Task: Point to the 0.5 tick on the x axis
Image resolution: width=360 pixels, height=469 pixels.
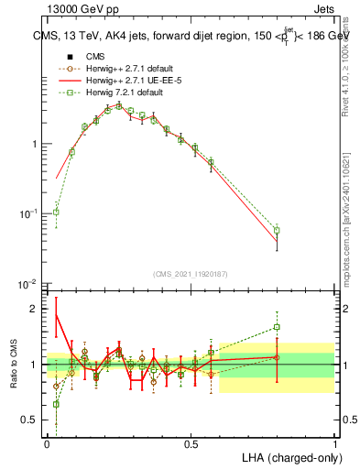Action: (191, 443)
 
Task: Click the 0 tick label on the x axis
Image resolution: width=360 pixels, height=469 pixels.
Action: (47, 443)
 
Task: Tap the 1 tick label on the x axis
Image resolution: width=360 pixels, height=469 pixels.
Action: (335, 443)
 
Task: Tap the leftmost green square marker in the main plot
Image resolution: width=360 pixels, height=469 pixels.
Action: (56, 212)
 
